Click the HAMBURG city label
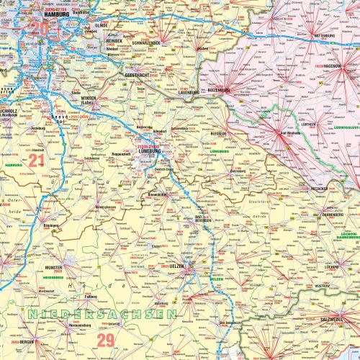(56, 14)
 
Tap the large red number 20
(37, 29)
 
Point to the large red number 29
(106, 339)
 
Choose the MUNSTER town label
(54, 267)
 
